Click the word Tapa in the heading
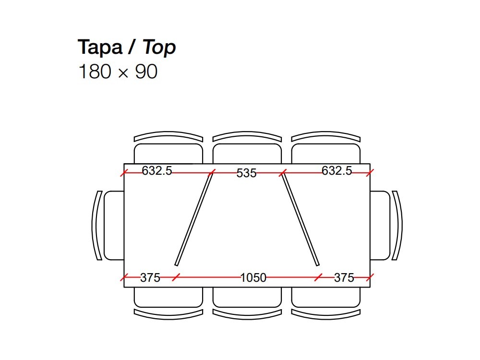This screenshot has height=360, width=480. pos(100,47)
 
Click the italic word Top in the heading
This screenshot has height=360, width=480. pos(159,48)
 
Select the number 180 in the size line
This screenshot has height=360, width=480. pos(95,72)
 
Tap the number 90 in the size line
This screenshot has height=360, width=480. pos(146,72)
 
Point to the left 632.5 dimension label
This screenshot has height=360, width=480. pos(157,170)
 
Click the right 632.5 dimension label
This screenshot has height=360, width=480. pos(337,170)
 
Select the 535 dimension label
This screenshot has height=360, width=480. pos(246,173)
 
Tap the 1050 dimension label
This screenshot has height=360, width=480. pos(253,277)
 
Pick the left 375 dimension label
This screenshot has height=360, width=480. pos(150,277)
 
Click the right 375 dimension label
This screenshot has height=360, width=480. pos(344,277)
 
